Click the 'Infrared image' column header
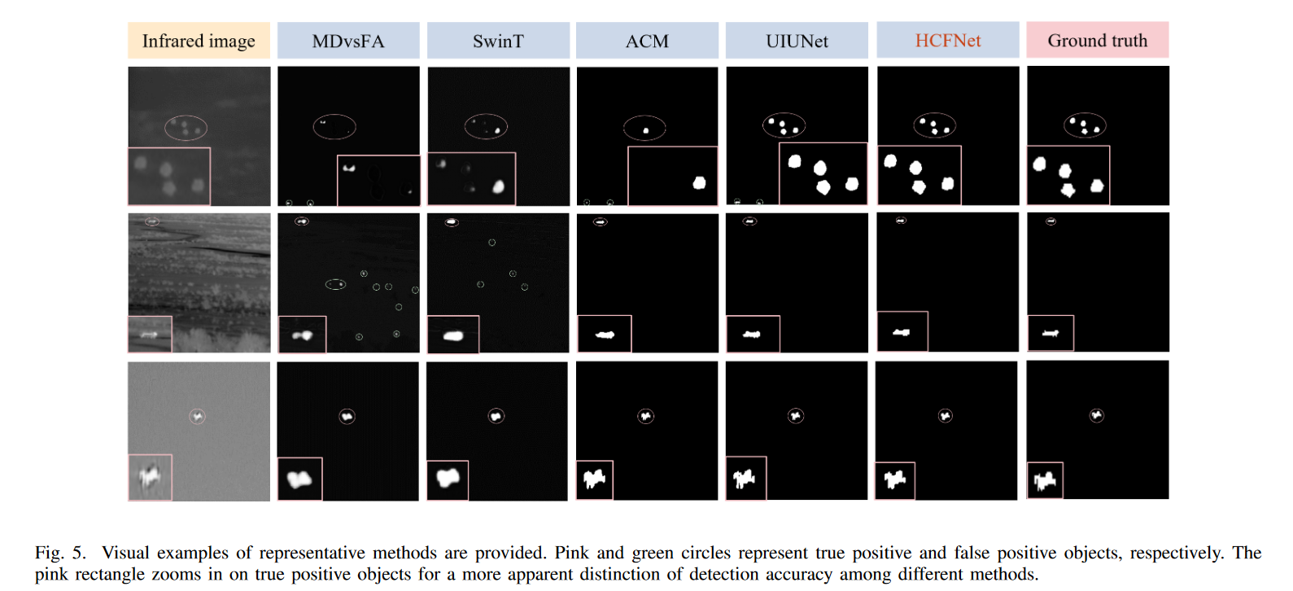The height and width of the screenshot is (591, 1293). pyautogui.click(x=199, y=41)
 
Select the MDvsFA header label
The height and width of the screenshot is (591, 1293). pyautogui.click(x=348, y=41)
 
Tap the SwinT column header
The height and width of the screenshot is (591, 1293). pyautogui.click(x=498, y=41)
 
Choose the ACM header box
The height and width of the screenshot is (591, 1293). pyautogui.click(x=647, y=41)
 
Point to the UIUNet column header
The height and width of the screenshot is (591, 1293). pyautogui.click(x=797, y=41)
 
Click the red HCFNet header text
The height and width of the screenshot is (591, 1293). pyautogui.click(x=948, y=41)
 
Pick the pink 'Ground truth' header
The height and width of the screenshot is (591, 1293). pyautogui.click(x=1097, y=41)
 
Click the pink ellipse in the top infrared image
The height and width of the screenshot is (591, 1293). pyautogui.click(x=186, y=127)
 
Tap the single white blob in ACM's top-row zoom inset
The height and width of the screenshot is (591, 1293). pyautogui.click(x=699, y=183)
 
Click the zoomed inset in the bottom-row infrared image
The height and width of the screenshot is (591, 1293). pyautogui.click(x=150, y=477)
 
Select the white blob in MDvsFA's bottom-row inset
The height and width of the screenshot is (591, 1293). pyautogui.click(x=299, y=479)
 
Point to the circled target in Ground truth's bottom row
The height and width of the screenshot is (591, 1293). pyautogui.click(x=1096, y=415)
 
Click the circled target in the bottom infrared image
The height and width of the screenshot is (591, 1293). pyautogui.click(x=197, y=416)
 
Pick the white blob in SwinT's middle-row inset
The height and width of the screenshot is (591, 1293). pyautogui.click(x=452, y=335)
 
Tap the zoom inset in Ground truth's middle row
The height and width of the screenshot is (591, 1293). pyautogui.click(x=1051, y=333)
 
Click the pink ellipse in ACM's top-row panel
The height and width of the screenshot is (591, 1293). pyautogui.click(x=644, y=128)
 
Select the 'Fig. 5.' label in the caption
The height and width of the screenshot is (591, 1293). pyautogui.click(x=60, y=553)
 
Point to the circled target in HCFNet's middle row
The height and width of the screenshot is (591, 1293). pyautogui.click(x=901, y=220)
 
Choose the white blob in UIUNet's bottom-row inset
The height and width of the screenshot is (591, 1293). pyautogui.click(x=745, y=479)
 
